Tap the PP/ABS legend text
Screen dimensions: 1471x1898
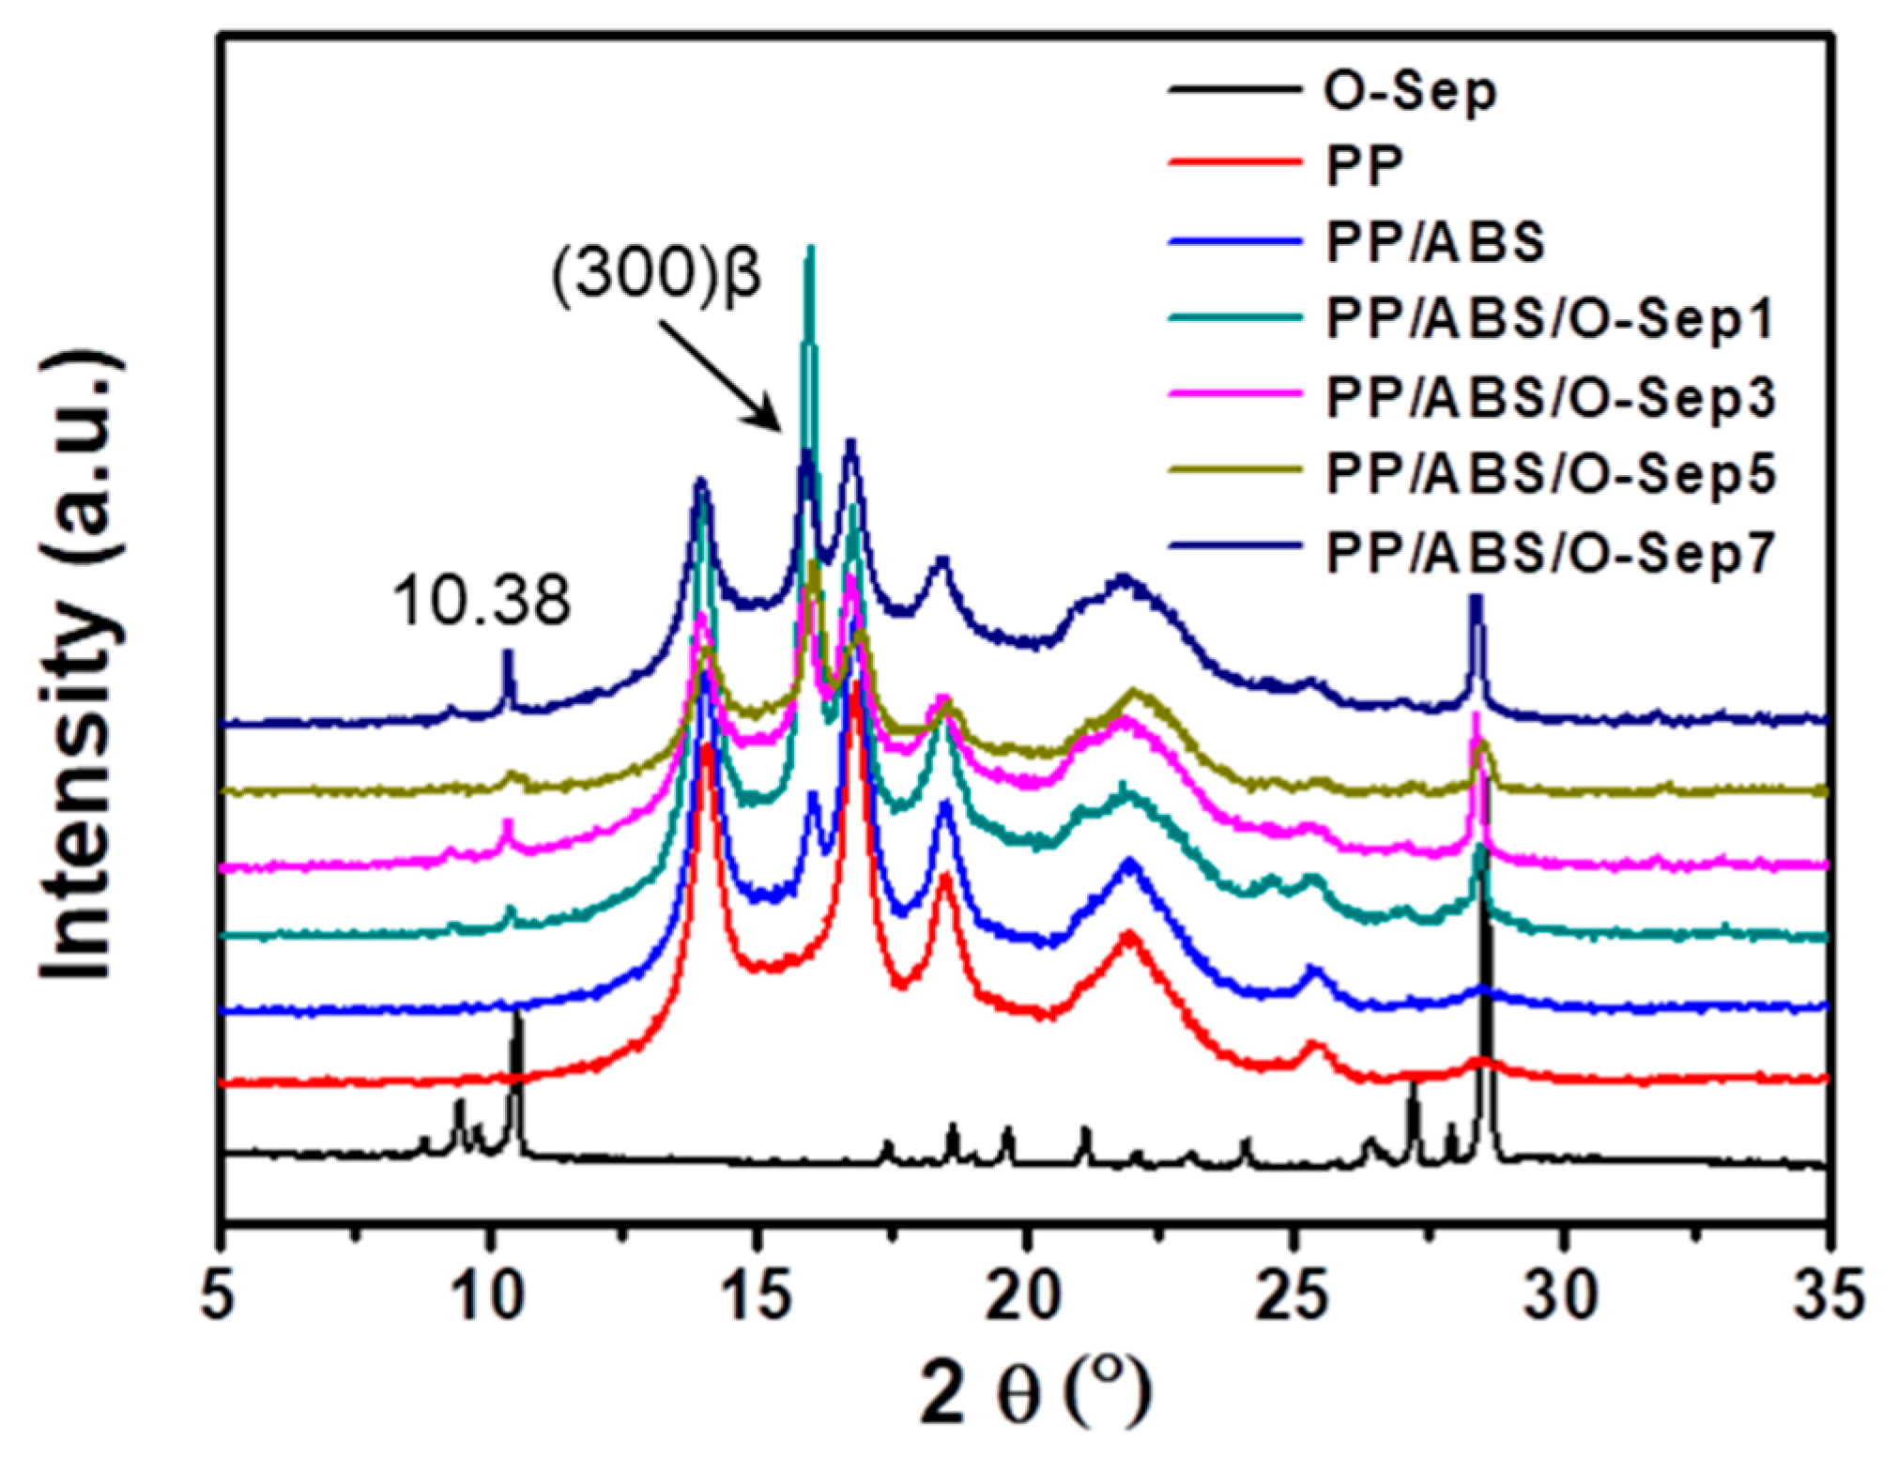tap(1435, 241)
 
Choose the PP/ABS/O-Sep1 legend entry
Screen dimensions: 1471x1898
tap(1550, 319)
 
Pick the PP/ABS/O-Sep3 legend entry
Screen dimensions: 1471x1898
tap(1550, 397)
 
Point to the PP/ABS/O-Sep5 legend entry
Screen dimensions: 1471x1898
tap(1550, 475)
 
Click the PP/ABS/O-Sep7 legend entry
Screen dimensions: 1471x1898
tap(1550, 553)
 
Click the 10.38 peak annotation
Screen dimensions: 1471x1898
tap(482, 601)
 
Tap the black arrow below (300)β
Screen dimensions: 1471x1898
tap(721, 375)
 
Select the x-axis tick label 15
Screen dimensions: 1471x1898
tap(757, 1298)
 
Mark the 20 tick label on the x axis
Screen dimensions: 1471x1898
tap(1027, 1298)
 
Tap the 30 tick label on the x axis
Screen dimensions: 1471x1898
tap(1563, 1298)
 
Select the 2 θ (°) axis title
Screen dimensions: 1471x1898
tap(1033, 1397)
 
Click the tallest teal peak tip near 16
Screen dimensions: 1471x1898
tap(809, 250)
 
